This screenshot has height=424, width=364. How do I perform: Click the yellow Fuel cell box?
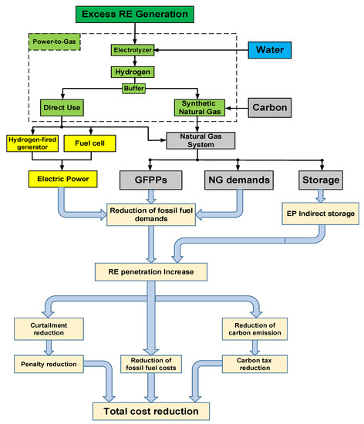coord(84,143)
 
